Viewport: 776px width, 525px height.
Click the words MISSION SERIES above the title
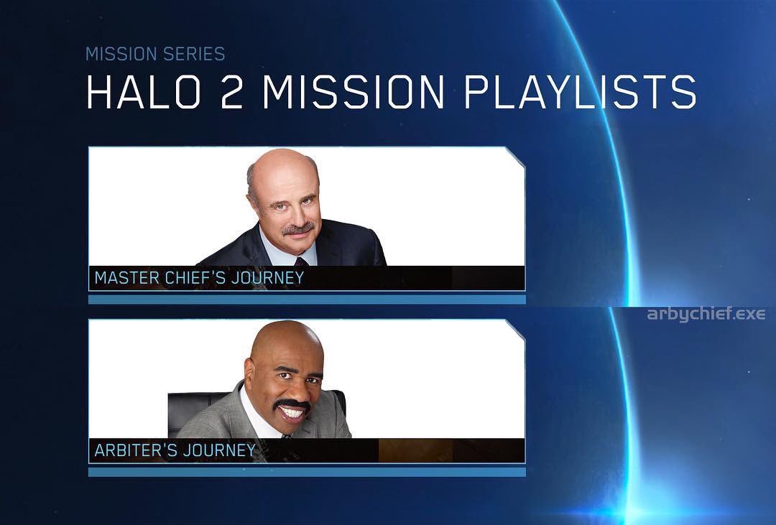tap(155, 54)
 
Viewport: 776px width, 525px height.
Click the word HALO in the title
tap(144, 92)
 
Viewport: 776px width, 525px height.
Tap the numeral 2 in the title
tap(231, 92)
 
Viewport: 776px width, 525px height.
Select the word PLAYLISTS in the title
tap(581, 92)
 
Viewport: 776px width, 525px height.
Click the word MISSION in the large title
tap(354, 92)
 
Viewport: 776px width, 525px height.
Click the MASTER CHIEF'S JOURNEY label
tap(199, 278)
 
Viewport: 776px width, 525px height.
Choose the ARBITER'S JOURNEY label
tap(175, 450)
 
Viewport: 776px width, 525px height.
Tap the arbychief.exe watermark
tap(706, 314)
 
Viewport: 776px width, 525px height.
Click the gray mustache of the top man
tap(298, 228)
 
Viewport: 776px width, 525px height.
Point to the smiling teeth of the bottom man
tap(292, 412)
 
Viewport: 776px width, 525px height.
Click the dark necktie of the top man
tap(301, 261)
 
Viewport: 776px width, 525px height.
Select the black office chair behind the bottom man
tap(195, 411)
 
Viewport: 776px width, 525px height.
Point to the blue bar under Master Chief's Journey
tap(307, 299)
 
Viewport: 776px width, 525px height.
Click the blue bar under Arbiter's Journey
tap(307, 472)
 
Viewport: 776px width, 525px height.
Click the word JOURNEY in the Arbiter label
tap(219, 450)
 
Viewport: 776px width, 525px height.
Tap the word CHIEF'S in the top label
tap(195, 278)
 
